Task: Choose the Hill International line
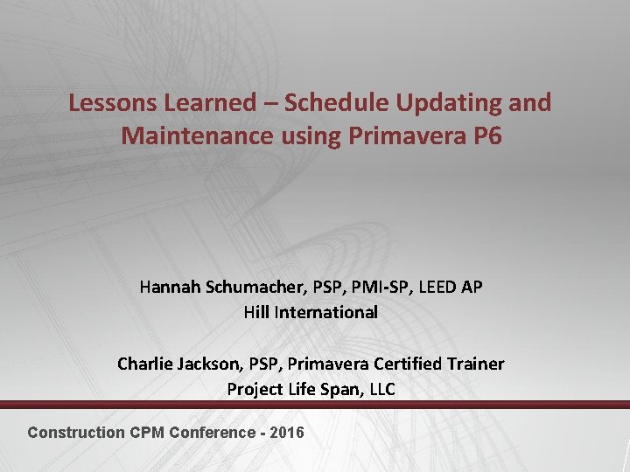[311, 312]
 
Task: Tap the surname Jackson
[206, 364]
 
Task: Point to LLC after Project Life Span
[381, 389]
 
